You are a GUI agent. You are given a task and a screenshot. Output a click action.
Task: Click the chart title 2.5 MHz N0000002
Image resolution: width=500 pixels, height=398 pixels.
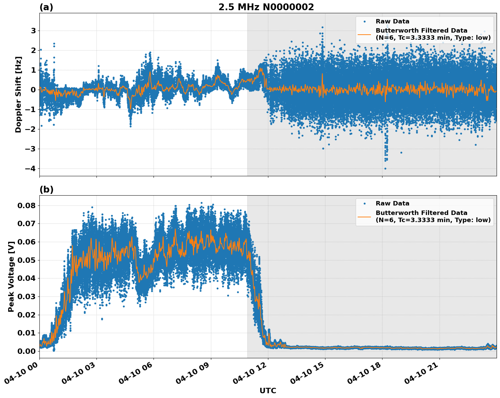(x=266, y=7)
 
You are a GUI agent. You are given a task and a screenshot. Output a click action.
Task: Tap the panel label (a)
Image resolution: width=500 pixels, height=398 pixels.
(x=46, y=7)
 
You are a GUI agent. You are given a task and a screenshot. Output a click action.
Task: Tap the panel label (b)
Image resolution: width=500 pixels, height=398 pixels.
(x=46, y=189)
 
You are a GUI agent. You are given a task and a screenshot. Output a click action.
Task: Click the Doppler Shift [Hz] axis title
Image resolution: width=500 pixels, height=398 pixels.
(x=18, y=94)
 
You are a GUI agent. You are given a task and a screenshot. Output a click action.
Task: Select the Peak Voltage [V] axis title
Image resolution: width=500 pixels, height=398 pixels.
(x=11, y=276)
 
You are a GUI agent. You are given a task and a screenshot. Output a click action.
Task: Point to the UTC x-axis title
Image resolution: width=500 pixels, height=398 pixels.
(x=268, y=391)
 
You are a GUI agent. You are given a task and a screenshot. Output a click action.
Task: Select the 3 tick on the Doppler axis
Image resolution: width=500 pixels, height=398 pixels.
(x=34, y=31)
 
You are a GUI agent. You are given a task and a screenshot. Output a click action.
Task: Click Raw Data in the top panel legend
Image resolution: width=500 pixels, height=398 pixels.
(x=392, y=21)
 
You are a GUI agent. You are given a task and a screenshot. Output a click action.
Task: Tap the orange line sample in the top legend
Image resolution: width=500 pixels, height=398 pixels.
(x=364, y=34)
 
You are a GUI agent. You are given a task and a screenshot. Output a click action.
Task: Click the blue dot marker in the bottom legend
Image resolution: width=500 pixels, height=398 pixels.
(x=364, y=203)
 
